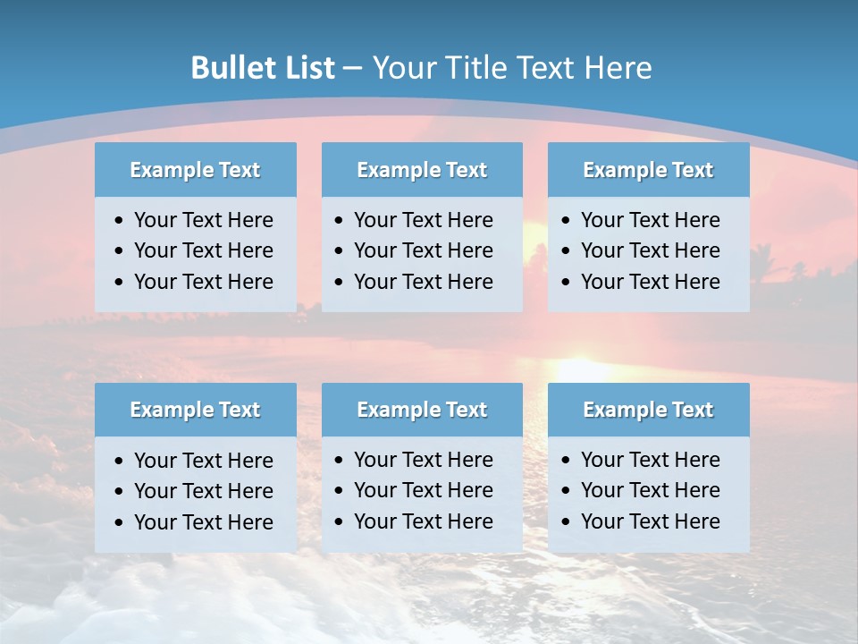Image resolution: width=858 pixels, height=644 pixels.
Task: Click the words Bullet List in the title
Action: [263, 68]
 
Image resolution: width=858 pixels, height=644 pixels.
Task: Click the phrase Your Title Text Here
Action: [512, 68]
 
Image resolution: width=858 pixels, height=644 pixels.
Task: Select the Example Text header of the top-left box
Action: [195, 170]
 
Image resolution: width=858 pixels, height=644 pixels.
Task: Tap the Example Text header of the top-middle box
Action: [422, 170]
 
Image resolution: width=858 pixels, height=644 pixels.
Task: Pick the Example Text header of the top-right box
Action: [648, 170]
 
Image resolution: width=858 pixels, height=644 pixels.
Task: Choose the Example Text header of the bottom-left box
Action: [195, 410]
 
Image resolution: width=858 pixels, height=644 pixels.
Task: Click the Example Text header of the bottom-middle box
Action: [422, 410]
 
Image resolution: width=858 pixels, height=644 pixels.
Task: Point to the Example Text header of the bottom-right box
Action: [648, 410]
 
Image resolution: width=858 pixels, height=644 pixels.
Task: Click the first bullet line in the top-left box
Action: [203, 220]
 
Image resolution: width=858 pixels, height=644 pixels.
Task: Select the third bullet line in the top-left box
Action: [203, 282]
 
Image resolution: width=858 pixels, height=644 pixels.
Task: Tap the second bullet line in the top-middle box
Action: [423, 250]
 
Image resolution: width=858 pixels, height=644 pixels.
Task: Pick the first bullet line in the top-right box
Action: [650, 220]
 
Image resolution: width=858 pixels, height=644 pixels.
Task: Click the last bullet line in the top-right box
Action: [650, 282]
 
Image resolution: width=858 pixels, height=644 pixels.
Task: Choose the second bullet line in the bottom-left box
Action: [203, 491]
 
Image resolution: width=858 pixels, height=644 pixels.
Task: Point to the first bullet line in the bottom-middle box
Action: [423, 460]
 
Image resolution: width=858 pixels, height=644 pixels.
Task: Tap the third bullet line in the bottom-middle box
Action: [423, 521]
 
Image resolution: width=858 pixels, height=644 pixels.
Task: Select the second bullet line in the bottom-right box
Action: [650, 490]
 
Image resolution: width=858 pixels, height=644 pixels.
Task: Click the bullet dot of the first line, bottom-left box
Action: [120, 462]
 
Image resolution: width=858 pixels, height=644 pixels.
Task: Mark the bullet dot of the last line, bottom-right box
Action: [567, 522]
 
